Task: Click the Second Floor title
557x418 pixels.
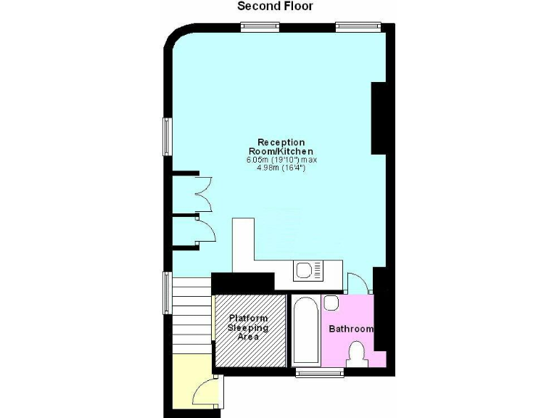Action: pos(275,7)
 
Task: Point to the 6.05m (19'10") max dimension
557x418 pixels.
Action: pos(282,160)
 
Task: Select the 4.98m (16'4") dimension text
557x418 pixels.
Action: pos(281,168)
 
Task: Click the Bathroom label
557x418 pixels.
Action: pos(351,329)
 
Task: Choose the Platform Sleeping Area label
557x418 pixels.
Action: pos(249,327)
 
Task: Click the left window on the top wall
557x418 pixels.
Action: pos(260,27)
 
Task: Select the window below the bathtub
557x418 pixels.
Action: pos(320,372)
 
